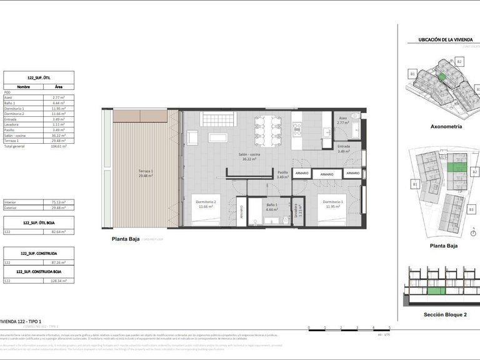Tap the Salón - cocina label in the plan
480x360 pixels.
click(x=250, y=157)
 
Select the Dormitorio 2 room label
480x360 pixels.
click(x=206, y=204)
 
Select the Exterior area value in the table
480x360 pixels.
click(x=58, y=208)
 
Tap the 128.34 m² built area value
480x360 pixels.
click(x=58, y=281)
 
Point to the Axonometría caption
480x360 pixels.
click(x=446, y=126)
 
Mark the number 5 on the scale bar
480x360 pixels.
click(x=389, y=327)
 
